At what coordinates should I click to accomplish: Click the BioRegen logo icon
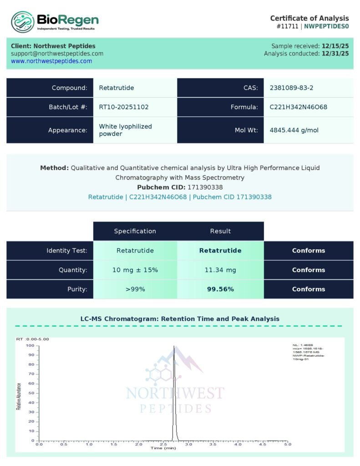pos(23,21)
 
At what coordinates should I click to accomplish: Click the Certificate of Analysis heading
pos(309,18)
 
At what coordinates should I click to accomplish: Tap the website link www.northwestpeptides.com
pos(51,61)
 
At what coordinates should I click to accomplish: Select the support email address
pos(57,53)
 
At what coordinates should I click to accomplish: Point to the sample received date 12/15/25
pos(335,46)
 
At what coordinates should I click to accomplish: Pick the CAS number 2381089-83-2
pos(291,88)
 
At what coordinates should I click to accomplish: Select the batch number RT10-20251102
pos(124,107)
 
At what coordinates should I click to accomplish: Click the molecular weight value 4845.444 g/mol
pos(294,130)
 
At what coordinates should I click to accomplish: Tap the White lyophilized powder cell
pos(126,130)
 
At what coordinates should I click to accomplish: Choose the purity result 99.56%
pos(220,289)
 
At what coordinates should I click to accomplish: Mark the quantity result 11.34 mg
pos(220,270)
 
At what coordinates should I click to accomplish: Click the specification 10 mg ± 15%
pos(135,270)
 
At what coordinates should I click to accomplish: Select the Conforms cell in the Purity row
pos(309,289)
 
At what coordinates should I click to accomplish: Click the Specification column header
pos(135,231)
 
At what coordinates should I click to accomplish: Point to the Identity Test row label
pos(67,251)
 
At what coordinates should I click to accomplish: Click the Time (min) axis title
pos(163,448)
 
